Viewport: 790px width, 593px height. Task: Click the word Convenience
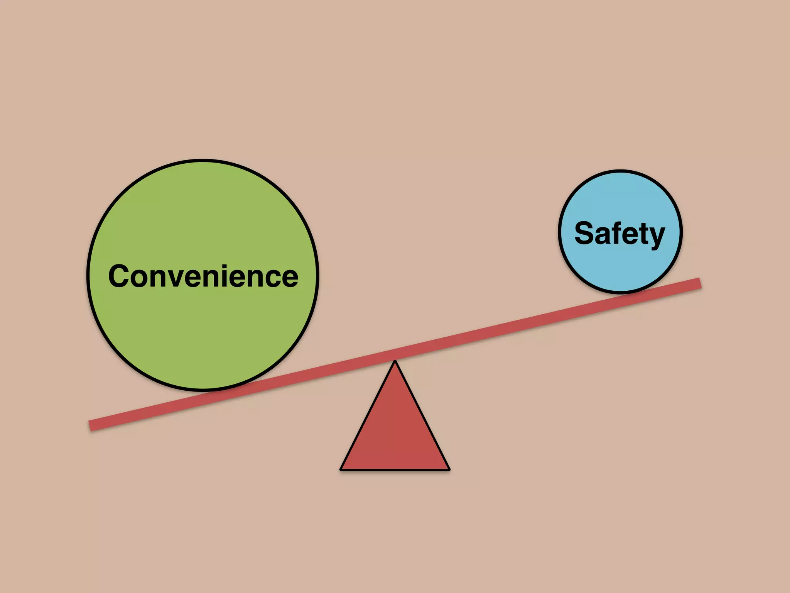pyautogui.click(x=203, y=276)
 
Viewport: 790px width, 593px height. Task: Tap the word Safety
pyautogui.click(x=620, y=233)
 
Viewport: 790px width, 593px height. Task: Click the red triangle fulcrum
pyautogui.click(x=395, y=432)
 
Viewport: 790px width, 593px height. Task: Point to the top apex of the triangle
pyautogui.click(x=395, y=361)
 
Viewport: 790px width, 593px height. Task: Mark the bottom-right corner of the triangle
pyautogui.click(x=449, y=469)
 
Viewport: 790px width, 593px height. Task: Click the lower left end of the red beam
pyautogui.click(x=91, y=425)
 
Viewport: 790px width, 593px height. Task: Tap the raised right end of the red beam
pyautogui.click(x=699, y=283)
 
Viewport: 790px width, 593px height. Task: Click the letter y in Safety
pyautogui.click(x=656, y=236)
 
